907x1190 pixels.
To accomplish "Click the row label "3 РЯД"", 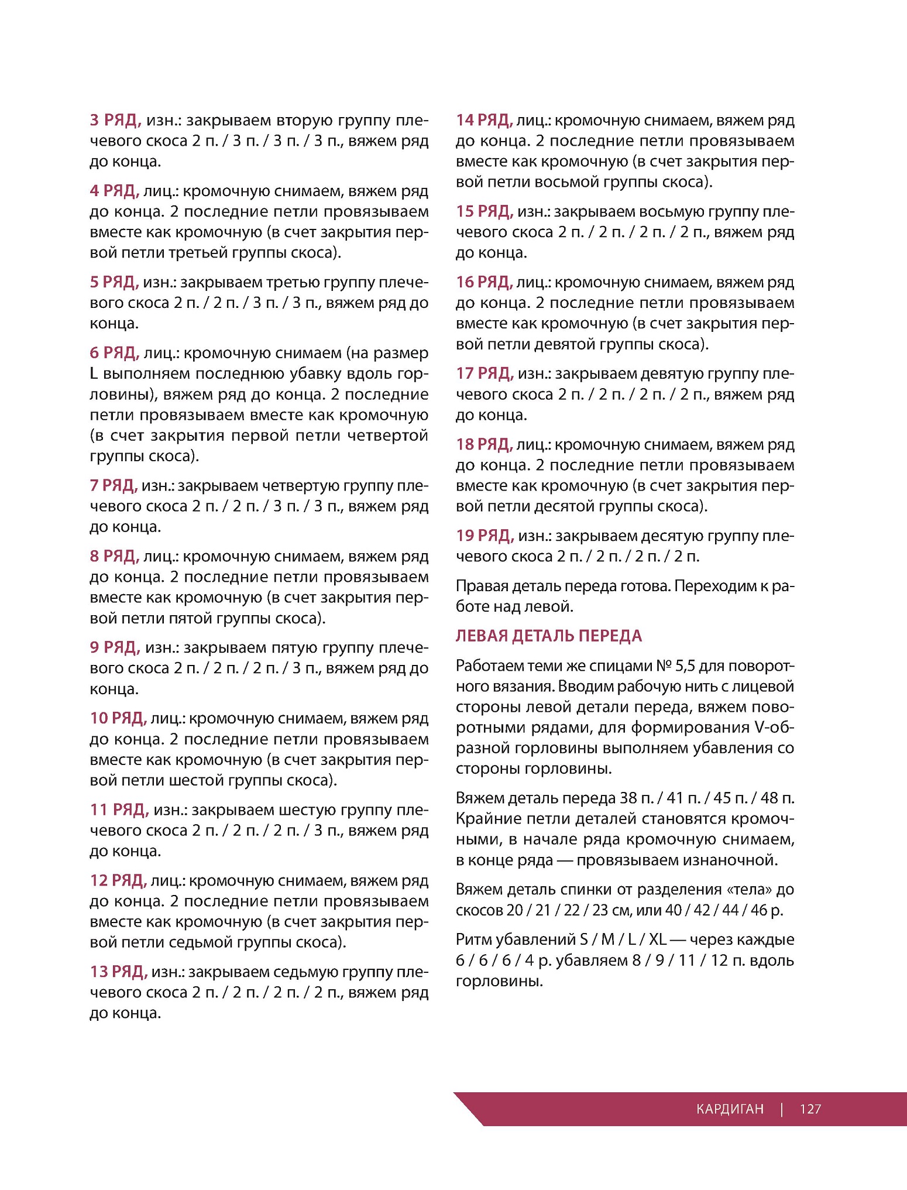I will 115,120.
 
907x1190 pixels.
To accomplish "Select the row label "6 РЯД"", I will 114,353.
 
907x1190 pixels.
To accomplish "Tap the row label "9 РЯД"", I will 115,647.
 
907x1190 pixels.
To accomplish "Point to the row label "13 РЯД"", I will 118,972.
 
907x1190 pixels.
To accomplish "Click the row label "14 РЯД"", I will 484,120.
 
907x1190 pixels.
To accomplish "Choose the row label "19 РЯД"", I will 485,536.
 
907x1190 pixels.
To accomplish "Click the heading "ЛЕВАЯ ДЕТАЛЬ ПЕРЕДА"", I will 548,636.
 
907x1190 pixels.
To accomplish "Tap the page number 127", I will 810,1109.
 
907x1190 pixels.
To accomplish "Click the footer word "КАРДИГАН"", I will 730,1109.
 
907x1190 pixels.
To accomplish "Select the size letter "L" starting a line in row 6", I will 94,374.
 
